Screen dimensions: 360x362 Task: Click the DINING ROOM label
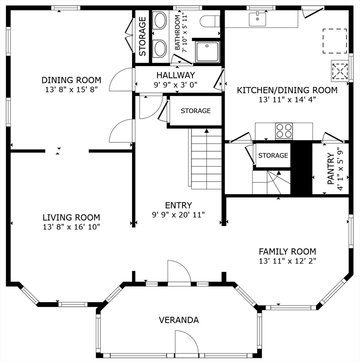71,80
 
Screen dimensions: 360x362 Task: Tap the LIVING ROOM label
71,217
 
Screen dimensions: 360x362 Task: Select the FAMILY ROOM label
287,251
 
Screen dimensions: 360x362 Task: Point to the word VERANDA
179,320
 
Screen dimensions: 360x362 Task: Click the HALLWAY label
176,75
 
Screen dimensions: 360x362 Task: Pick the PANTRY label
331,169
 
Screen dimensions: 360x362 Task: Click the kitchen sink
257,19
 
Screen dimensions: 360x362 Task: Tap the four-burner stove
284,131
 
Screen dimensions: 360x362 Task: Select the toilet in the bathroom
209,21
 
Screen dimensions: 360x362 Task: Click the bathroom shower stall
207,52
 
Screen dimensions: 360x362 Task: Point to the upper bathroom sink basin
160,20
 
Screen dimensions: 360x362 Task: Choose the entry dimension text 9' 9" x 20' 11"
178,215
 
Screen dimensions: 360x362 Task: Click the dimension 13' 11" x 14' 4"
287,99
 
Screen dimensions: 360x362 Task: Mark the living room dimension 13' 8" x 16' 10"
71,227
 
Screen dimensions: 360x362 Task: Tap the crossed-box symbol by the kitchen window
340,71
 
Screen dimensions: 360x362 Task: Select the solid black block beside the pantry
301,167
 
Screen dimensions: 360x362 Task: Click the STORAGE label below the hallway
195,111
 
